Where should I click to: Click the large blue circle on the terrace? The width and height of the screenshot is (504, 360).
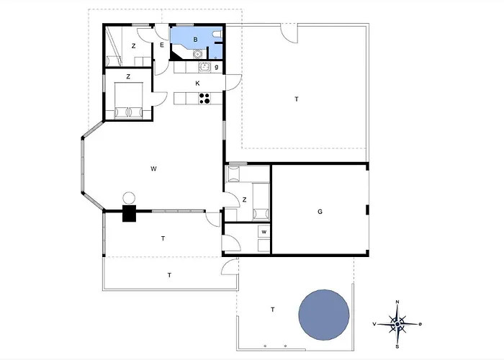click(324, 315)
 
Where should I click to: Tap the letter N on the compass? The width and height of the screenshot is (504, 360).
click(397, 302)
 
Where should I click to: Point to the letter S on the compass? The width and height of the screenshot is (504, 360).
click(397, 347)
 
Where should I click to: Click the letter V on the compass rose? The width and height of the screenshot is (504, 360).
click(374, 324)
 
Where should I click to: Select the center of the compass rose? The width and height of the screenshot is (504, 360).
click(397, 324)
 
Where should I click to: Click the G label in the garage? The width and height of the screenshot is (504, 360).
click(320, 212)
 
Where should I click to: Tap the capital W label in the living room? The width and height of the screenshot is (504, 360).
click(153, 168)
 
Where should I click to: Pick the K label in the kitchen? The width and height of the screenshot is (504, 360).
click(197, 84)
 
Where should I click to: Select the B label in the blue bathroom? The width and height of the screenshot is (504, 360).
click(195, 40)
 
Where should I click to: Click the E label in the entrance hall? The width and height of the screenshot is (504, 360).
click(162, 45)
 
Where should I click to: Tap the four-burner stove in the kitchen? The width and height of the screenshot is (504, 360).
click(204, 98)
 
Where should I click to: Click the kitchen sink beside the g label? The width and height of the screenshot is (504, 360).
click(204, 67)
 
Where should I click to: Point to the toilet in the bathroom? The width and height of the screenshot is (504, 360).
click(217, 34)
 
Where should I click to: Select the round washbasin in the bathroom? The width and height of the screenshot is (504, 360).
click(197, 54)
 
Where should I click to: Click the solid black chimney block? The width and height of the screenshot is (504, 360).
click(129, 213)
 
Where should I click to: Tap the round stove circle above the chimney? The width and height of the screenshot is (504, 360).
click(129, 198)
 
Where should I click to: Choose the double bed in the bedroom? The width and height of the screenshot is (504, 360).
click(129, 100)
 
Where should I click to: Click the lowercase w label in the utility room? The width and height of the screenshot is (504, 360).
click(264, 232)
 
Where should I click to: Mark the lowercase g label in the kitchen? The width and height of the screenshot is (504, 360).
click(216, 67)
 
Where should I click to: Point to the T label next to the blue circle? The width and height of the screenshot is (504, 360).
click(273, 310)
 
